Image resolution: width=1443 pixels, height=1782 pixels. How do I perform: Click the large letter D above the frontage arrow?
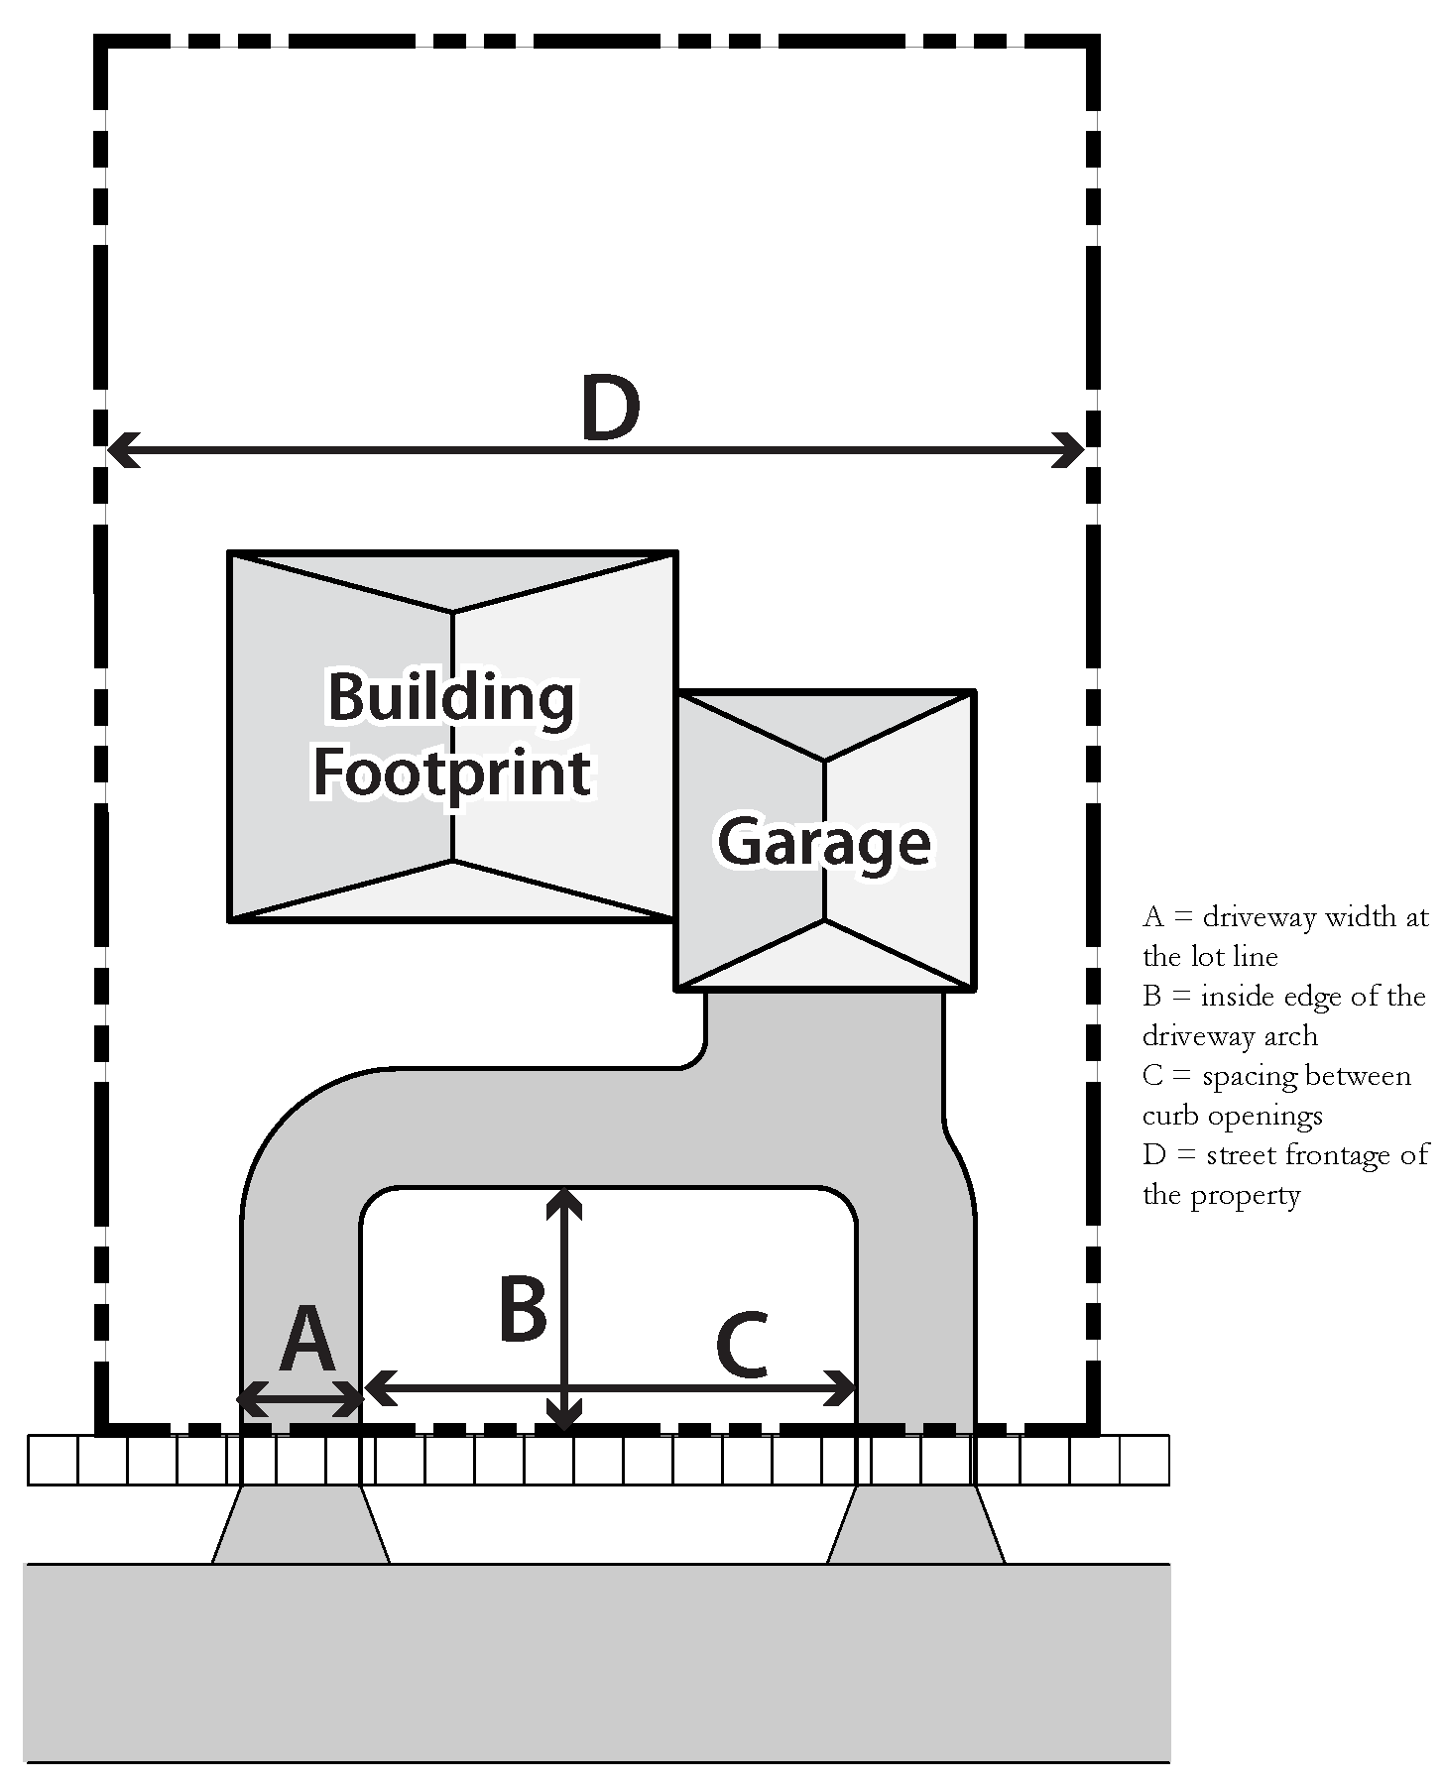pos(610,408)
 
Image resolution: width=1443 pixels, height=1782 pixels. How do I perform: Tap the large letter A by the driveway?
pos(307,1339)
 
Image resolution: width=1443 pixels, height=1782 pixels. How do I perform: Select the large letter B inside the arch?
pos(523,1309)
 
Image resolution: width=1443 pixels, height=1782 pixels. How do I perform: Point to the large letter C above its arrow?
pos(742,1346)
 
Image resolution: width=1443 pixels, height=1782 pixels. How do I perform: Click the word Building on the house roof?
pos(451,699)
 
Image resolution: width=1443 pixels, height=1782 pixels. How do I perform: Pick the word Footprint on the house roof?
pos(452,773)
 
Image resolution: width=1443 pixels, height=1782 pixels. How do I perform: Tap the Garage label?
pos(823,843)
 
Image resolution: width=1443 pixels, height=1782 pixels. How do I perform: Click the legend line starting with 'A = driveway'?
pos(1285,917)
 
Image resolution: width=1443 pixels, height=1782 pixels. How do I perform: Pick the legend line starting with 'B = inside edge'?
pos(1283,997)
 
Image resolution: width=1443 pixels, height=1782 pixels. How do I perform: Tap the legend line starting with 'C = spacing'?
pos(1276,1076)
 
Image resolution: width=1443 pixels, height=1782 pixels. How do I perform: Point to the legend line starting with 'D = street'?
pos(1285,1155)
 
